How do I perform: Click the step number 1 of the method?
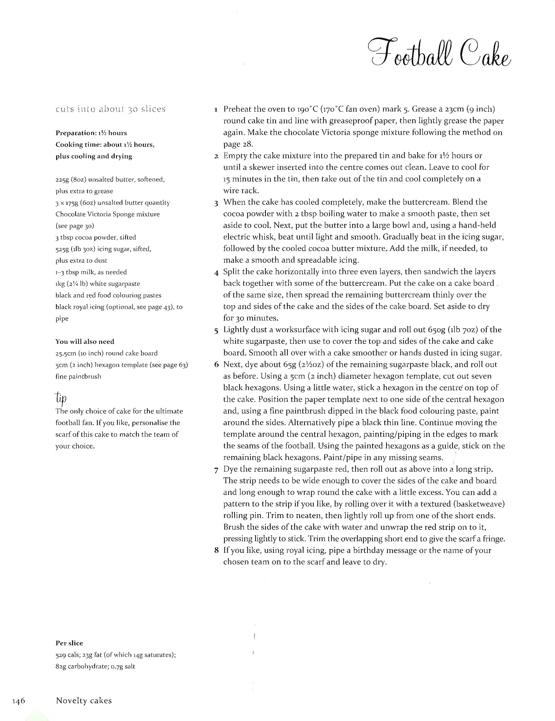pyautogui.click(x=216, y=109)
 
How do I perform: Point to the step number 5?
pyautogui.click(x=216, y=330)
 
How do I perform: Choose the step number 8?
pyautogui.click(x=216, y=550)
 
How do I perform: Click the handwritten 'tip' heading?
pyautogui.click(x=61, y=398)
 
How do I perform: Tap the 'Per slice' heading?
pyautogui.click(x=69, y=643)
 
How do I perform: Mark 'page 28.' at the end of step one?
pyautogui.click(x=238, y=144)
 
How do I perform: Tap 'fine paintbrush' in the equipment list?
pyautogui.click(x=78, y=376)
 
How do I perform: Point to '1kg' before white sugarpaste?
pyautogui.click(x=61, y=284)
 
